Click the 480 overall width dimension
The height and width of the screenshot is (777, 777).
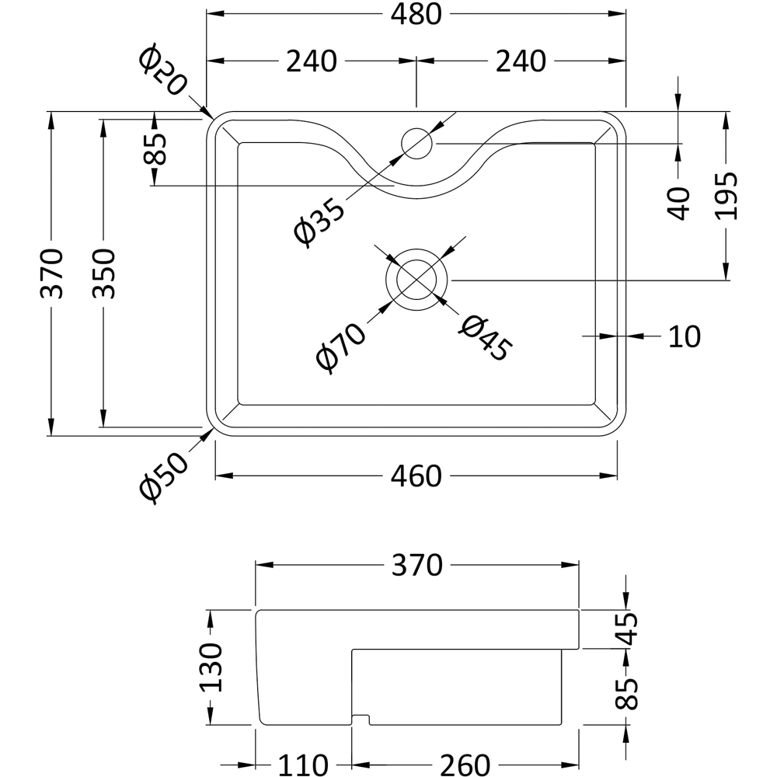(x=416, y=14)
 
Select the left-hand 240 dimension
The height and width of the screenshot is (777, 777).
(x=311, y=61)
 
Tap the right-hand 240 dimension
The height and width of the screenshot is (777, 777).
(x=521, y=61)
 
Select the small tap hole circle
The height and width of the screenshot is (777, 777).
(x=416, y=143)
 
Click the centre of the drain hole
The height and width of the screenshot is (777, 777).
(x=417, y=280)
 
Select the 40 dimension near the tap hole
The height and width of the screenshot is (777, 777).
(x=679, y=204)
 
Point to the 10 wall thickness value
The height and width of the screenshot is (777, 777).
(x=684, y=336)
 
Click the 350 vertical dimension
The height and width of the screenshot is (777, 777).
(x=102, y=274)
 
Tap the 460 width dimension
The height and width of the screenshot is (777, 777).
(x=416, y=476)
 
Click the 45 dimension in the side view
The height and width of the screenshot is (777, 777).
(x=628, y=629)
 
